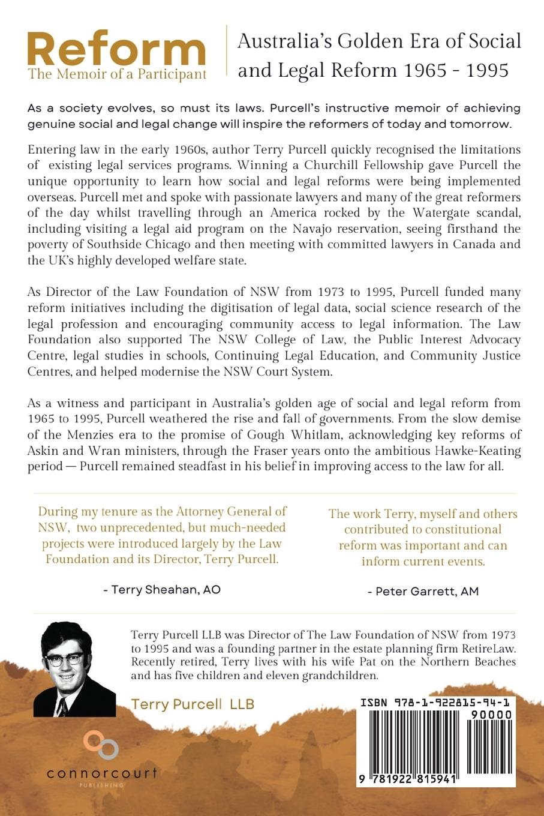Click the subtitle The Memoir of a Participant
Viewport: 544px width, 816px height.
(x=117, y=75)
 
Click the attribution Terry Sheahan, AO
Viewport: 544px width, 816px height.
(x=162, y=590)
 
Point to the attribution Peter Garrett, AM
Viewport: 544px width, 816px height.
(x=423, y=592)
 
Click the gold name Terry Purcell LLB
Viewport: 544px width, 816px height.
(x=193, y=704)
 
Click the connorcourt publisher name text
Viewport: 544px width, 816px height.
(x=101, y=773)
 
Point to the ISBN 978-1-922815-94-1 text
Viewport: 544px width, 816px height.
(x=435, y=703)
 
